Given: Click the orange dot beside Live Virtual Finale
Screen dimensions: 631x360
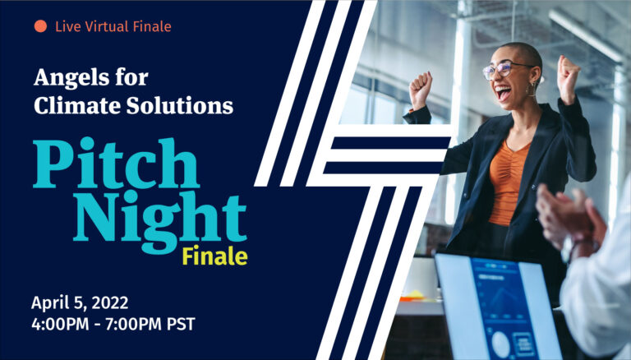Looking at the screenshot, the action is (x=40, y=26).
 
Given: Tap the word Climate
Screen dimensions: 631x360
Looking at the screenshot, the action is (x=77, y=105).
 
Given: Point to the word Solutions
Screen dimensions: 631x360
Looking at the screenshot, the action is (x=180, y=105).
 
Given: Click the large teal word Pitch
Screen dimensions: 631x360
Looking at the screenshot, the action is (x=116, y=163).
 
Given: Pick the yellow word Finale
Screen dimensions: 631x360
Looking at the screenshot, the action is (x=215, y=256).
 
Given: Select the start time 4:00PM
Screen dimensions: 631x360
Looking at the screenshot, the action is (x=60, y=324).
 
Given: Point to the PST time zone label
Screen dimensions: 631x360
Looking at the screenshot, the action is (x=181, y=324).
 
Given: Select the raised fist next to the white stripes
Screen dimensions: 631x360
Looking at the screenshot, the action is (x=421, y=90).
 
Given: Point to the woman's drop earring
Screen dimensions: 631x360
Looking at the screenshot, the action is (x=532, y=90).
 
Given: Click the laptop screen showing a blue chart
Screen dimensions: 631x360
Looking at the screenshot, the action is (x=498, y=307).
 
